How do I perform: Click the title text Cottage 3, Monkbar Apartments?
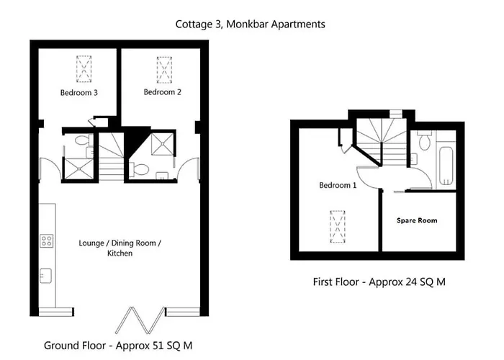click(250, 24)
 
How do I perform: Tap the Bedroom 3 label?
click(79, 93)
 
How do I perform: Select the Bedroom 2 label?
click(162, 92)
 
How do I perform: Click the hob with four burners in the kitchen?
click(47, 241)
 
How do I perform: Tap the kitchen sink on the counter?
click(47, 274)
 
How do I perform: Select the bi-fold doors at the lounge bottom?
click(141, 315)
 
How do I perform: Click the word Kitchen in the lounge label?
click(120, 253)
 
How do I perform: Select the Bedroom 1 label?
click(338, 185)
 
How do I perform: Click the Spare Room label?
click(416, 220)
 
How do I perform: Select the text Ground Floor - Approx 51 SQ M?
click(118, 346)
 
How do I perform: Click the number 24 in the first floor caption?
click(404, 282)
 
